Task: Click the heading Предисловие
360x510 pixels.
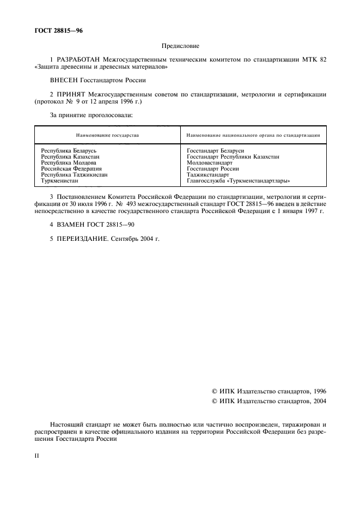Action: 180,47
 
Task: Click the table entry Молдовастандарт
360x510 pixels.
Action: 209,162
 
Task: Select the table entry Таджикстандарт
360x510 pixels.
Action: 208,174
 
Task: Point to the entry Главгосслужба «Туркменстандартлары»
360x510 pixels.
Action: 238,180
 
